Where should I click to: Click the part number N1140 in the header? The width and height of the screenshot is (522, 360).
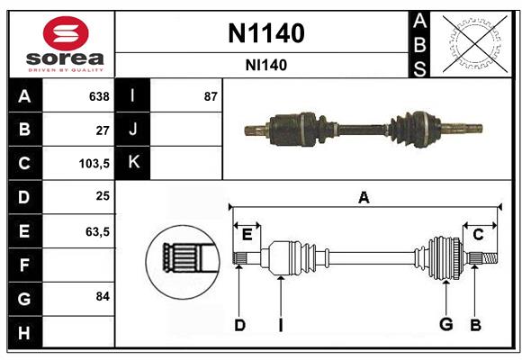pyautogui.click(x=265, y=34)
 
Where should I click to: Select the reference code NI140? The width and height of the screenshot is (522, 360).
pyautogui.click(x=265, y=65)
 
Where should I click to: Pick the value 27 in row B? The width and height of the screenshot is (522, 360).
pyautogui.click(x=103, y=130)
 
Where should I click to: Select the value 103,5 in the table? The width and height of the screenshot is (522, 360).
pyautogui.click(x=95, y=164)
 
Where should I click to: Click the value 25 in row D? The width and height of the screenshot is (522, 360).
pyautogui.click(x=103, y=197)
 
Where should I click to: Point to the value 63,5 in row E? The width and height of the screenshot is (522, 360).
pyautogui.click(x=97, y=231)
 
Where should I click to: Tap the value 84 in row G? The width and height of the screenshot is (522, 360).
pyautogui.click(x=103, y=296)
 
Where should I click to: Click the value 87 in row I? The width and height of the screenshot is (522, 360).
pyautogui.click(x=211, y=96)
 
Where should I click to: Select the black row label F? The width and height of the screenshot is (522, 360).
pyautogui.click(x=24, y=265)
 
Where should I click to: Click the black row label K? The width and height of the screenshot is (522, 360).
pyautogui.click(x=133, y=163)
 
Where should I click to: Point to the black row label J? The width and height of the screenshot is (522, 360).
pyautogui.click(x=133, y=130)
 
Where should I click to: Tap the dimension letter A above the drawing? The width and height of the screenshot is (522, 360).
pyautogui.click(x=364, y=197)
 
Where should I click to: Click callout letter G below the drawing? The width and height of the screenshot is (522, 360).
pyautogui.click(x=445, y=324)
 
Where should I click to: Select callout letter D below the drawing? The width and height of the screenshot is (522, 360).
pyautogui.click(x=239, y=324)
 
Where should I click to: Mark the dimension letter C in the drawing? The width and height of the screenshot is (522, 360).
pyautogui.click(x=478, y=235)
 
